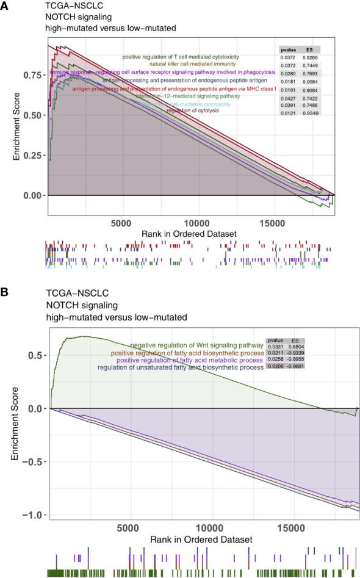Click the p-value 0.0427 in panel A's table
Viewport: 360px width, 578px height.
(x=288, y=97)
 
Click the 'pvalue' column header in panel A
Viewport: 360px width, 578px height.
(x=288, y=49)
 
